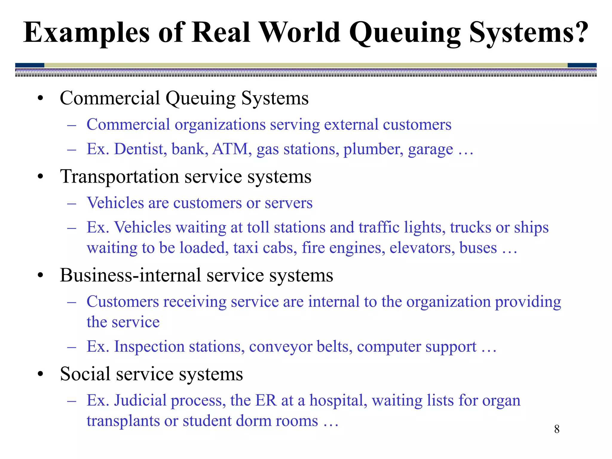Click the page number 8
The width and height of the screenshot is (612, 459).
click(557, 429)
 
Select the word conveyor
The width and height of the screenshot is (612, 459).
click(281, 347)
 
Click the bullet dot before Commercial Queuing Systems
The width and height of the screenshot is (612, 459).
click(41, 98)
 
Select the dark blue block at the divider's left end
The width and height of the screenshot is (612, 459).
click(30, 65)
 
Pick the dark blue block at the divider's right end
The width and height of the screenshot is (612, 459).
click(582, 65)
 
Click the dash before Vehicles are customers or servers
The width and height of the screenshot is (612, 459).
click(72, 204)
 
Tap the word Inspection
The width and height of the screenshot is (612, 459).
click(149, 347)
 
